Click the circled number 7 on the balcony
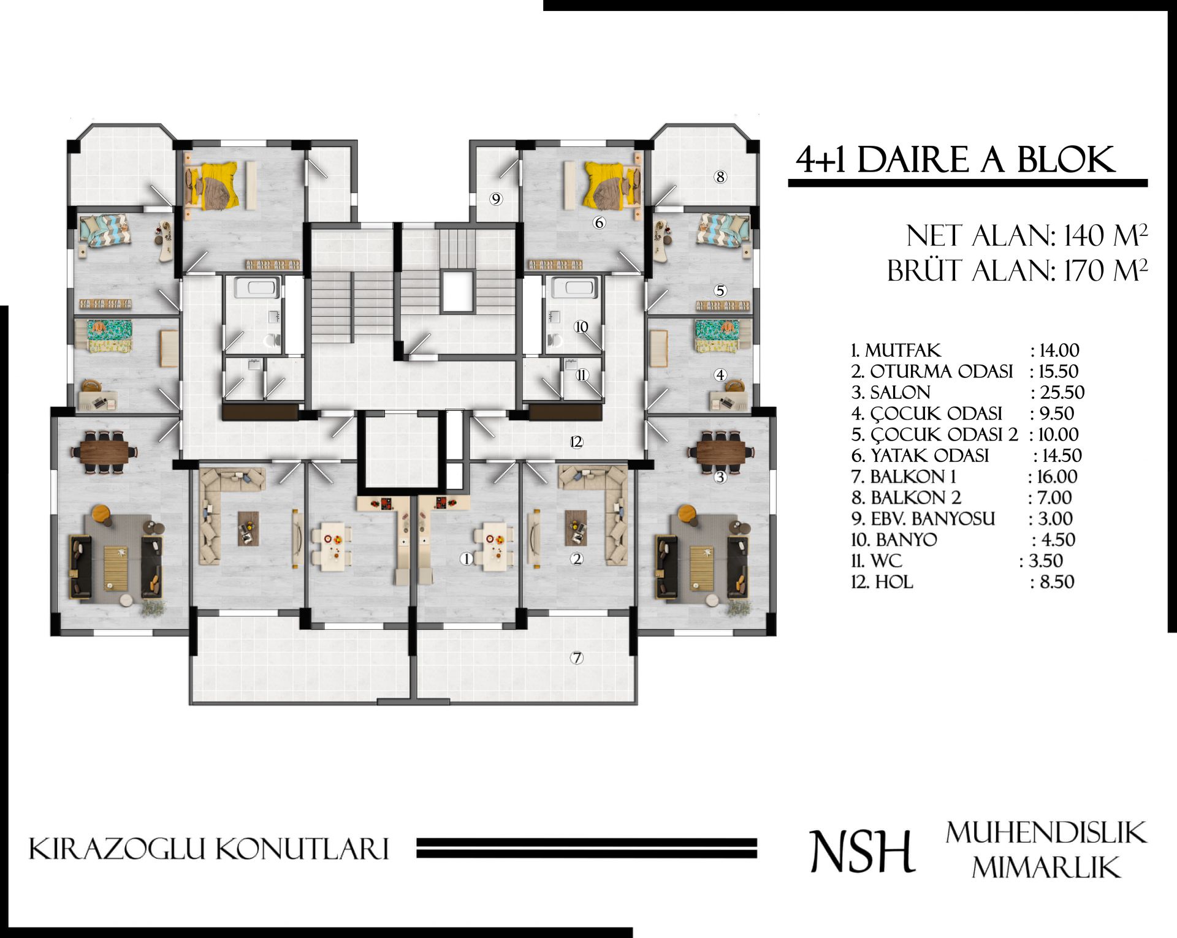576,658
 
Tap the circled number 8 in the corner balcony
720,177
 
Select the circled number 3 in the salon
720,477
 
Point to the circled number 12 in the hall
576,442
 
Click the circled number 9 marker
496,199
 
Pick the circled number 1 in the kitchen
467,559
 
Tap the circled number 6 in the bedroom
600,223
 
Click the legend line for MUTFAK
965,350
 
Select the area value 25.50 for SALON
1062,392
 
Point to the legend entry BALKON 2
906,497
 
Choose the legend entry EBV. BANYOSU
923,519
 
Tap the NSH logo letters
862,851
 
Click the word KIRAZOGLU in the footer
116,849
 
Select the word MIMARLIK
1046,868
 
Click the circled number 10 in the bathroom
581,327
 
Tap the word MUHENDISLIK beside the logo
1046,833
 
